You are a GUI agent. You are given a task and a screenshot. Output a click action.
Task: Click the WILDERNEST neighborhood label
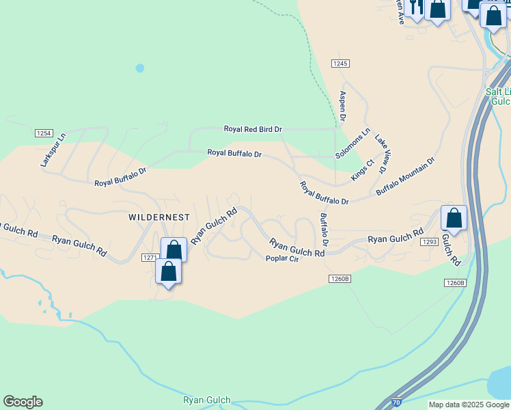[x=159, y=217]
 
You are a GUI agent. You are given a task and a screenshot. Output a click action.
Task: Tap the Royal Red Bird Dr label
[x=253, y=128]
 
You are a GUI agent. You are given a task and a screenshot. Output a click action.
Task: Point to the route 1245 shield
[x=340, y=63]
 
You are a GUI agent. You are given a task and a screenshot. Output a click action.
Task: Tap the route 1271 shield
[x=150, y=258]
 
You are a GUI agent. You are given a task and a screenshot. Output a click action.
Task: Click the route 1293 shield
[x=429, y=242]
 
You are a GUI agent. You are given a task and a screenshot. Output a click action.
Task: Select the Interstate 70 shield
[x=396, y=403]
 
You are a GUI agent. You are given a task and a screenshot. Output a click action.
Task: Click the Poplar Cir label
[x=283, y=259]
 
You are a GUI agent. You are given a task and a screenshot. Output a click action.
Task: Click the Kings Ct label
[x=363, y=169]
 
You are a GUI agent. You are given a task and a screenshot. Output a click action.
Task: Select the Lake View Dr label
[x=381, y=149]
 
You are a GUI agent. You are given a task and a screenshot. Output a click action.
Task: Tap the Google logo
[x=23, y=402]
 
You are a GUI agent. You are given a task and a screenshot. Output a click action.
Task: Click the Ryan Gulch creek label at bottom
[x=207, y=400]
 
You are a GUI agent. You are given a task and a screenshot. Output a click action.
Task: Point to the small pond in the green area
[x=140, y=68]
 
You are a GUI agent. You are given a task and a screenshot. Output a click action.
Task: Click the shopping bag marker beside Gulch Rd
[x=454, y=219]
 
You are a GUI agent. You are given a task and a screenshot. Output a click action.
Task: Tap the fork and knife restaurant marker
[x=415, y=7]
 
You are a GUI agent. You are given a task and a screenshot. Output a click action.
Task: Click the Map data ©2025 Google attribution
[x=469, y=405]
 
